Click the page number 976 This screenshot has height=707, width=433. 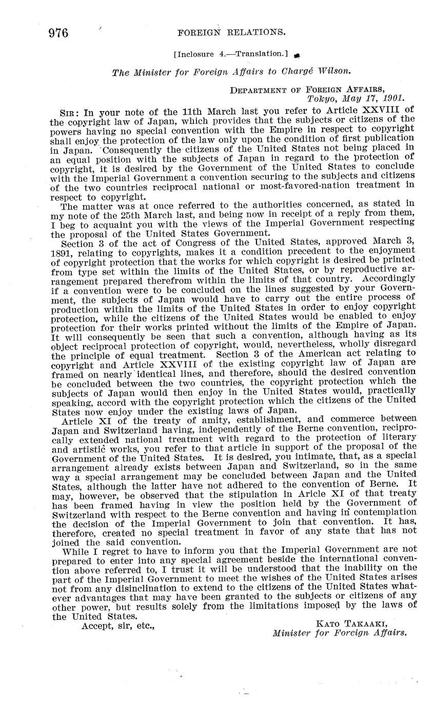coord(58,33)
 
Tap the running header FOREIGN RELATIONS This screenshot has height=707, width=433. coord(231,32)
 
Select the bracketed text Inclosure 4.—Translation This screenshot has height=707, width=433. coord(230,53)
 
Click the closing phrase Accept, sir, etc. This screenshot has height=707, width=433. coord(118,626)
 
